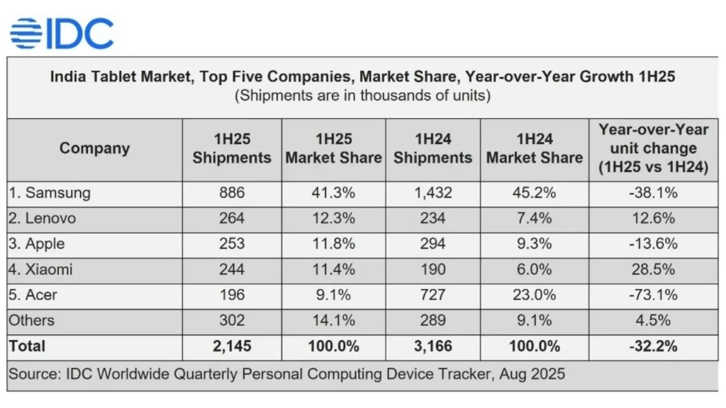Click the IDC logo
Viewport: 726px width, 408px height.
[62, 33]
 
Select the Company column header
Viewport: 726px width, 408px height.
[94, 148]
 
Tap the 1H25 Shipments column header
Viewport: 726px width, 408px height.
[232, 149]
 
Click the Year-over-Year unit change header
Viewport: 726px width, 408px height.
[653, 149]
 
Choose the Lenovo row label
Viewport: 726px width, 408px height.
[42, 218]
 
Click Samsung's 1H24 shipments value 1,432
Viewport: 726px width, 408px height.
[432, 193]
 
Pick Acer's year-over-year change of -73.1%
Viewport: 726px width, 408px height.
[653, 295]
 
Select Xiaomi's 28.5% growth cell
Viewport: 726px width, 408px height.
[653, 269]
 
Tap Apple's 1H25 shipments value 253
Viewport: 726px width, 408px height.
[232, 244]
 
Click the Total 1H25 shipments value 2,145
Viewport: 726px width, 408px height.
[232, 346]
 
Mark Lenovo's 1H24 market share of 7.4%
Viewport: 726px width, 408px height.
[534, 218]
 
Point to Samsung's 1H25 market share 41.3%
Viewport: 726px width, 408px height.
[333, 193]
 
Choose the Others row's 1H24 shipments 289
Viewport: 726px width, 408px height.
[432, 320]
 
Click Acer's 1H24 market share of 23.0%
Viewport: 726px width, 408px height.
[534, 295]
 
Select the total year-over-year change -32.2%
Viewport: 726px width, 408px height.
[653, 346]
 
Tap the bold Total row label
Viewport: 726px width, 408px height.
[28, 346]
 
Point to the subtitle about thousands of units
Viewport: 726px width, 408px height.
[362, 95]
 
